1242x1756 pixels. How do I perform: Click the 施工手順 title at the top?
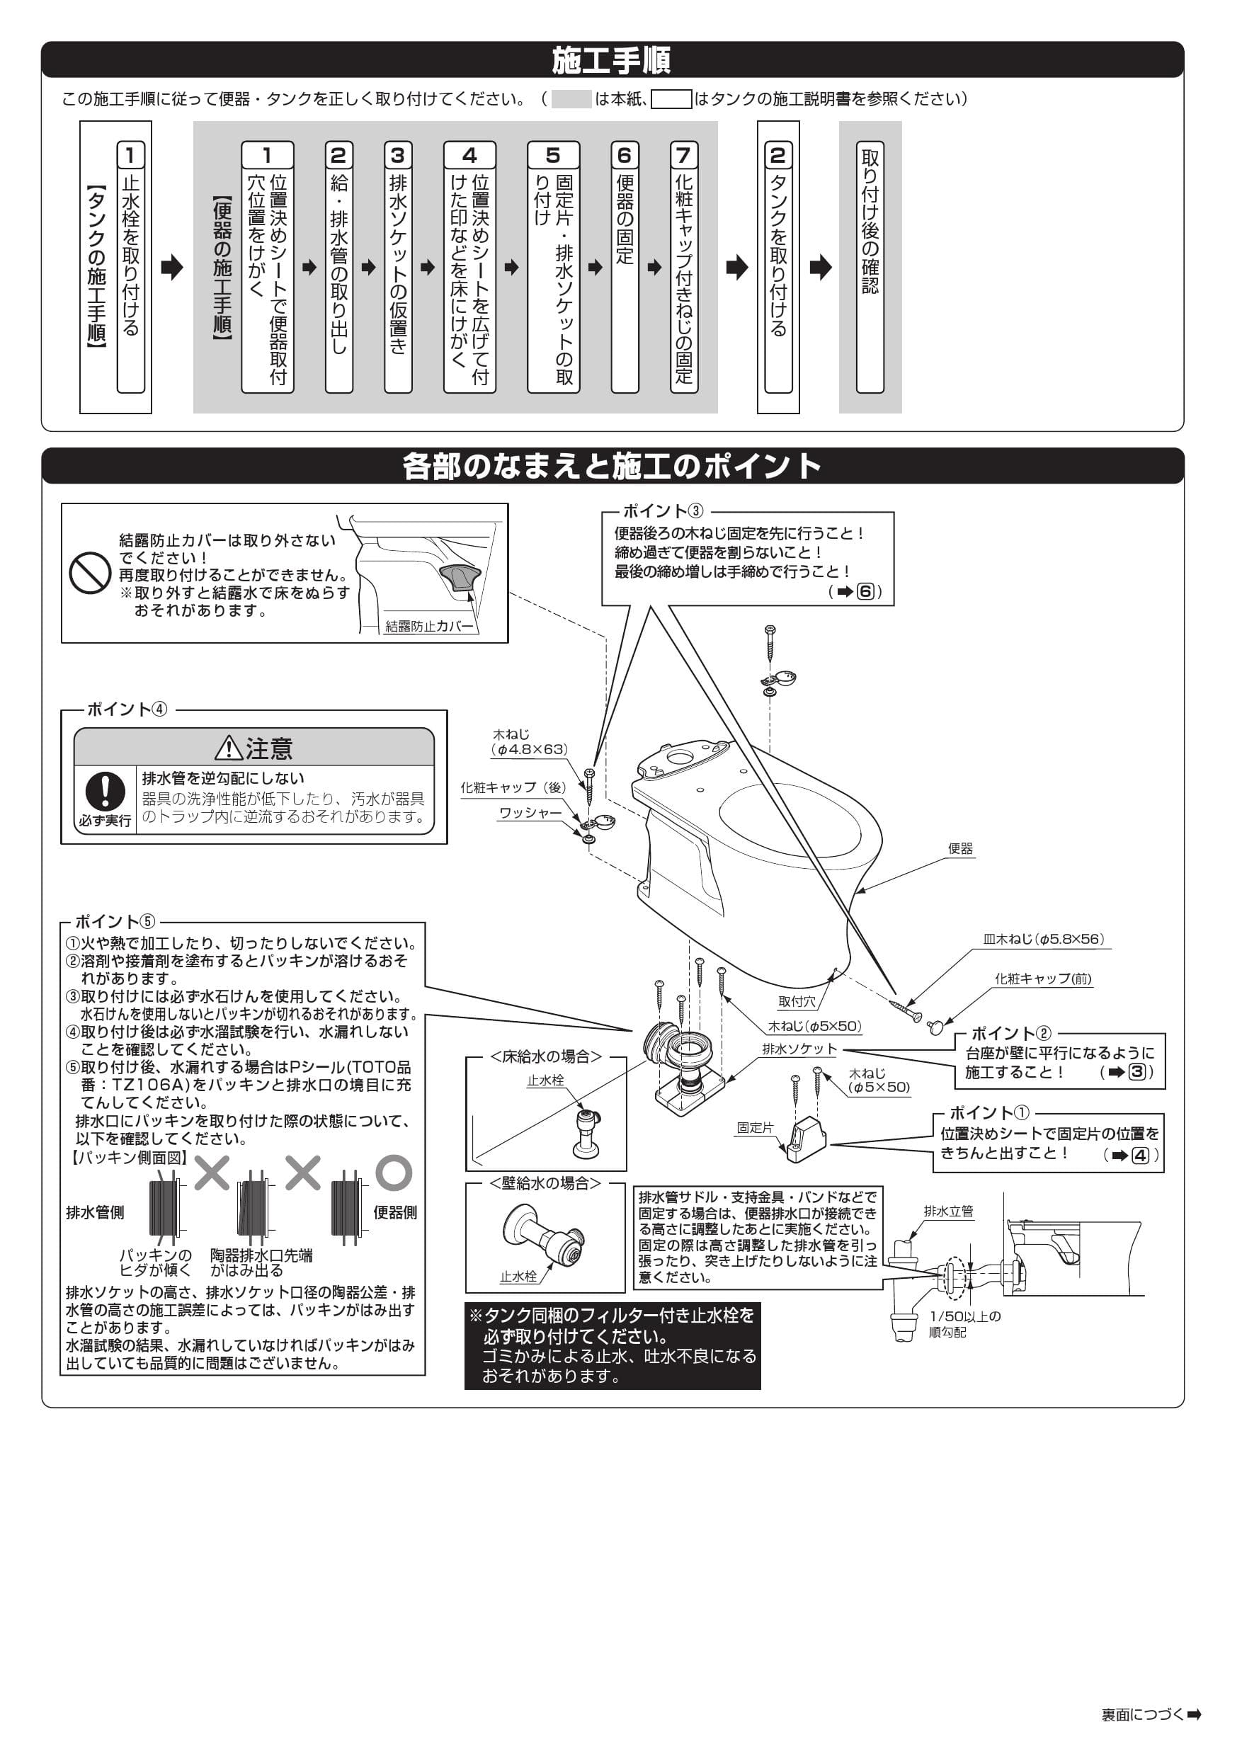coord(611,60)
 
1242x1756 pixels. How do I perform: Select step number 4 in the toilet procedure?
coord(469,155)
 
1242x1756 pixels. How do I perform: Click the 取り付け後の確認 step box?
coord(870,267)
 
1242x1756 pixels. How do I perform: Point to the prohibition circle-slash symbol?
coord(90,573)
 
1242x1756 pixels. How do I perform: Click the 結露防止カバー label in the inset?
coord(430,627)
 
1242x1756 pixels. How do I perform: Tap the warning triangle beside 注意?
coord(228,748)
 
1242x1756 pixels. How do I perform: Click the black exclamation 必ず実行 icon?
coord(105,791)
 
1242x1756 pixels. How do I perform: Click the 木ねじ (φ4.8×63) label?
coord(529,742)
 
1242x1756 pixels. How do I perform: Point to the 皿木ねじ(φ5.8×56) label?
coord(1043,939)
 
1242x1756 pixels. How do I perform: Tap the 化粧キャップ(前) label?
coord(1042,978)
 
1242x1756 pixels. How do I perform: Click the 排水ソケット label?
coord(799,1049)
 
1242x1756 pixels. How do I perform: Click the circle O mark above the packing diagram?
coord(393,1173)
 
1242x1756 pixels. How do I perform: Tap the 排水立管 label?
coord(948,1211)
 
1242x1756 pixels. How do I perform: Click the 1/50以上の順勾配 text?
coord(964,1324)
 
